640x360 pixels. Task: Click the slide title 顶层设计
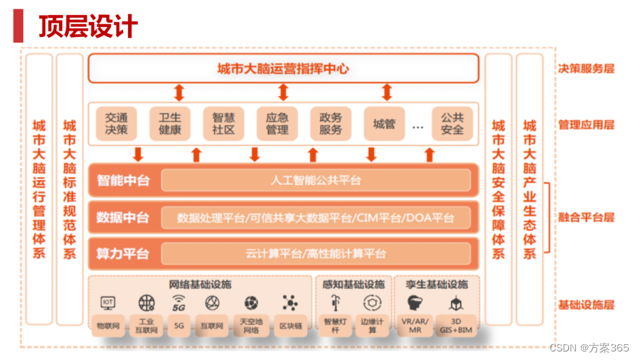(x=88, y=26)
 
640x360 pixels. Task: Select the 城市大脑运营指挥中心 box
(x=283, y=69)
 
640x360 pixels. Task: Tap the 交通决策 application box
(x=117, y=124)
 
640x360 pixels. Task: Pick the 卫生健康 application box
(x=170, y=124)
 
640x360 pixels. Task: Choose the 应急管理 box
(x=277, y=124)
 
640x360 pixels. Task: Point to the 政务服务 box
(x=331, y=124)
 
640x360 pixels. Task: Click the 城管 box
(x=384, y=124)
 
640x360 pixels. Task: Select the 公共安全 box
(x=452, y=124)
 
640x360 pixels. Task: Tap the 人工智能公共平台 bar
(x=316, y=181)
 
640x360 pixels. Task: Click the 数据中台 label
(x=123, y=218)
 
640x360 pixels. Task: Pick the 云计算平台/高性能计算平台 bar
(x=316, y=253)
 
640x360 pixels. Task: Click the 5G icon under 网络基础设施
(x=178, y=304)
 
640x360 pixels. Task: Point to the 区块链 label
(x=290, y=326)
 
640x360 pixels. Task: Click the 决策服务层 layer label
(x=586, y=69)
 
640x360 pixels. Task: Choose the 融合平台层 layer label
(x=586, y=218)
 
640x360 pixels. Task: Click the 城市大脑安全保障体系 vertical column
(x=498, y=189)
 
